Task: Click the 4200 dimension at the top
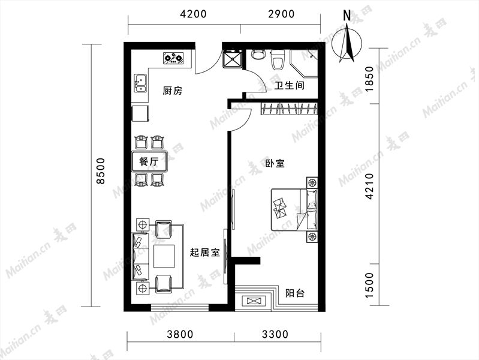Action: pyautogui.click(x=193, y=14)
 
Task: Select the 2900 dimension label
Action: pyautogui.click(x=281, y=14)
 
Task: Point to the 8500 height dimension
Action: pyautogui.click(x=100, y=171)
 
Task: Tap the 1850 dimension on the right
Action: pyautogui.click(x=369, y=79)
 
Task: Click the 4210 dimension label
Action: pyautogui.click(x=369, y=186)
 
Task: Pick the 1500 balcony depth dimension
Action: pyautogui.click(x=369, y=285)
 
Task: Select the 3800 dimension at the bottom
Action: pyautogui.click(x=180, y=334)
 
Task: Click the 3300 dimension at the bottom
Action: pyautogui.click(x=275, y=334)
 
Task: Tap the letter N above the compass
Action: pyautogui.click(x=347, y=16)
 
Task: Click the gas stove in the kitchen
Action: pyautogui.click(x=173, y=58)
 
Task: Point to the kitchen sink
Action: pyautogui.click(x=140, y=83)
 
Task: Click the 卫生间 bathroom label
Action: pyautogui.click(x=289, y=85)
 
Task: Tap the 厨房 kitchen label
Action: pyautogui.click(x=173, y=91)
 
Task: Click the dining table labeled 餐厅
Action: pyautogui.click(x=150, y=161)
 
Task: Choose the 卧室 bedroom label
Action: pyautogui.click(x=275, y=163)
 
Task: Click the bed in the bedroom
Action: pyautogui.click(x=294, y=209)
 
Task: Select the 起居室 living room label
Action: pyautogui.click(x=204, y=253)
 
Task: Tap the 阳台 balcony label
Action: pyautogui.click(x=295, y=293)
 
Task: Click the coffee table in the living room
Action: pyautogui.click(x=164, y=256)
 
